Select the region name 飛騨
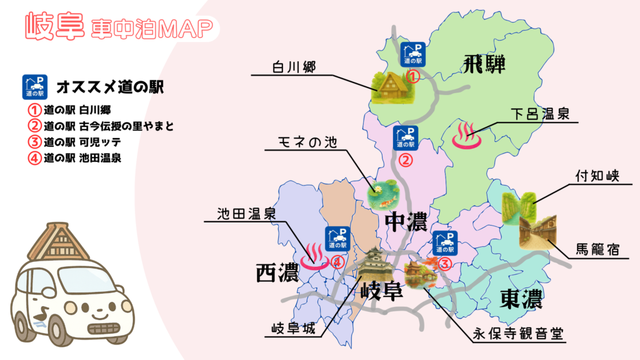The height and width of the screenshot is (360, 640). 484,64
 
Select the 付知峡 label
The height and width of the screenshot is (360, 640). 597,177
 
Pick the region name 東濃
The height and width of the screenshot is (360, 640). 521,300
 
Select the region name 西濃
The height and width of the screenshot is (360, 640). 276,272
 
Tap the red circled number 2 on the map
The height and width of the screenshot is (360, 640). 406,160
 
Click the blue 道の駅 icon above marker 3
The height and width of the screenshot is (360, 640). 446,242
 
